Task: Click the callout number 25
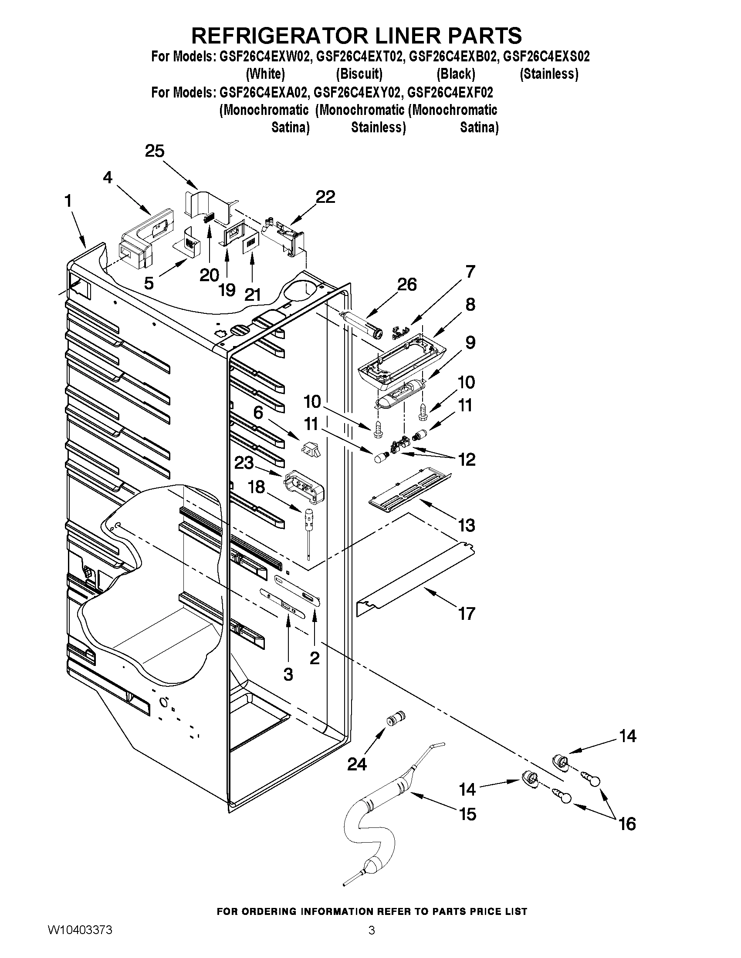pos(155,151)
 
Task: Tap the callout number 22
pos(325,197)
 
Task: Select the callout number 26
pos(406,285)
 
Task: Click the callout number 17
pos(467,613)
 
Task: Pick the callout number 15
pos(467,814)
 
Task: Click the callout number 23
pos(244,463)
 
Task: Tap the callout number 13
pos(467,525)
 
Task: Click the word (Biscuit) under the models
pos(359,74)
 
